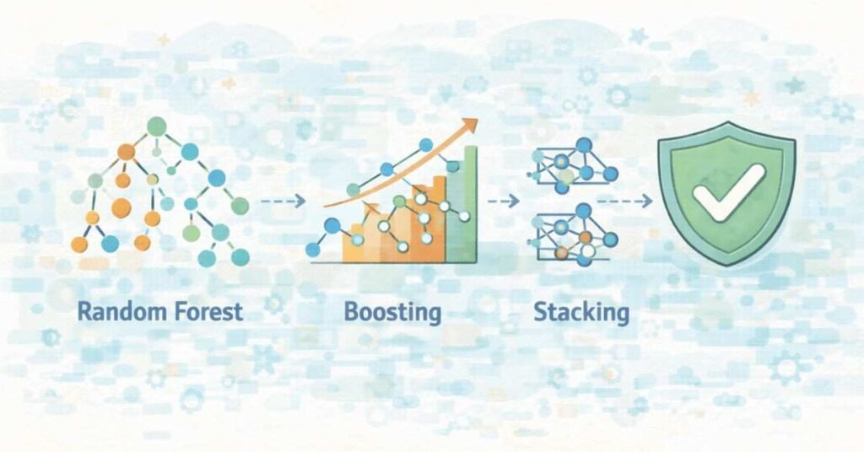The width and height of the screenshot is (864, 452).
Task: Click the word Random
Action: coord(120,311)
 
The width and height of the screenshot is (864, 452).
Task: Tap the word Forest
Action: coord(204,311)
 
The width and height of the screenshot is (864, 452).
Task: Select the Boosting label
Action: coord(392,313)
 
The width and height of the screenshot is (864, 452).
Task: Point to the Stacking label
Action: coord(581,313)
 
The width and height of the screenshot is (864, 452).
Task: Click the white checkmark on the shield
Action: coord(728,193)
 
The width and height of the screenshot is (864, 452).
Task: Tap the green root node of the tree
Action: coord(154,126)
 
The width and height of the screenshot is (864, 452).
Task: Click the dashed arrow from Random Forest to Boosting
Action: coord(282,202)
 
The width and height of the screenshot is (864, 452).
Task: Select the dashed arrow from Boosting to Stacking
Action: coord(503,202)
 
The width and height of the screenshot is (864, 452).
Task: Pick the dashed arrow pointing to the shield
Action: coord(624,202)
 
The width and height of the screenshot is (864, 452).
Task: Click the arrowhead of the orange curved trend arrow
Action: coord(470,126)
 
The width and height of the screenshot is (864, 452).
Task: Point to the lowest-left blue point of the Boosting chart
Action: coord(313,250)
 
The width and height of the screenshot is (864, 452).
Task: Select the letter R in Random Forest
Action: coord(84,311)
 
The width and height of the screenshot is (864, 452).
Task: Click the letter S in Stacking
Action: coord(541,312)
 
